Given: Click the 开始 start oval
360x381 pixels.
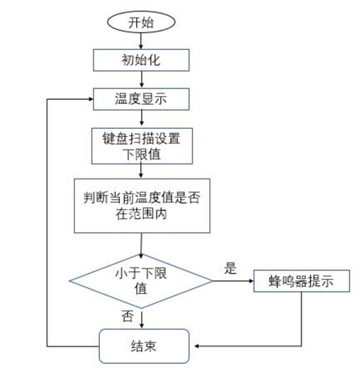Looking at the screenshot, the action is coord(141,22).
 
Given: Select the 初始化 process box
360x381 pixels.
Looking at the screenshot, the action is coord(141,60).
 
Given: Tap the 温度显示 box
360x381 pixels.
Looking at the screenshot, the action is coord(141,99).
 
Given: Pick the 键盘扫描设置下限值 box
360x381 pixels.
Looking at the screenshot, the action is coord(142,146).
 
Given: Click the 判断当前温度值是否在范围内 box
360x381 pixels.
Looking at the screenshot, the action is coord(142,206).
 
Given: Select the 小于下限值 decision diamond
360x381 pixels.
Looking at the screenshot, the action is coord(141,281).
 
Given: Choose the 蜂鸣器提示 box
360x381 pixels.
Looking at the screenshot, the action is coord(302,281).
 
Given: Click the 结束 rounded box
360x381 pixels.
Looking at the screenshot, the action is coord(144,346).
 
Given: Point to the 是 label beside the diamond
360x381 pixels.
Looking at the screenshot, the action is coord(230,268).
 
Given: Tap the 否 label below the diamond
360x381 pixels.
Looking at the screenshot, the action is coord(128,316).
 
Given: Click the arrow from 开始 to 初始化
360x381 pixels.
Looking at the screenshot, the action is coord(141,41).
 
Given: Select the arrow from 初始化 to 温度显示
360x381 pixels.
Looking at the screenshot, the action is coord(141,79).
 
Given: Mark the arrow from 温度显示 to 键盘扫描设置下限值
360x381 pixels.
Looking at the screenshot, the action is coord(141,119).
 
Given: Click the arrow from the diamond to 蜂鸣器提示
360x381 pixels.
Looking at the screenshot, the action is coord(233,281).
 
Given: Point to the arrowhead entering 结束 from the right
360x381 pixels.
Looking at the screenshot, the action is coord(197,346).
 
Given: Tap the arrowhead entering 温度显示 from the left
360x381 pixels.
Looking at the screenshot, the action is coord(91,99).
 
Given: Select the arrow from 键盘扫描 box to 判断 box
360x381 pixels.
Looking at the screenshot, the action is coord(141,171).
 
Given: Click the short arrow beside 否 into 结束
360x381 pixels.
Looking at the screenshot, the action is coord(142,320).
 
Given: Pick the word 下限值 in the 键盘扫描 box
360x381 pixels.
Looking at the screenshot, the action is coord(142,154).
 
